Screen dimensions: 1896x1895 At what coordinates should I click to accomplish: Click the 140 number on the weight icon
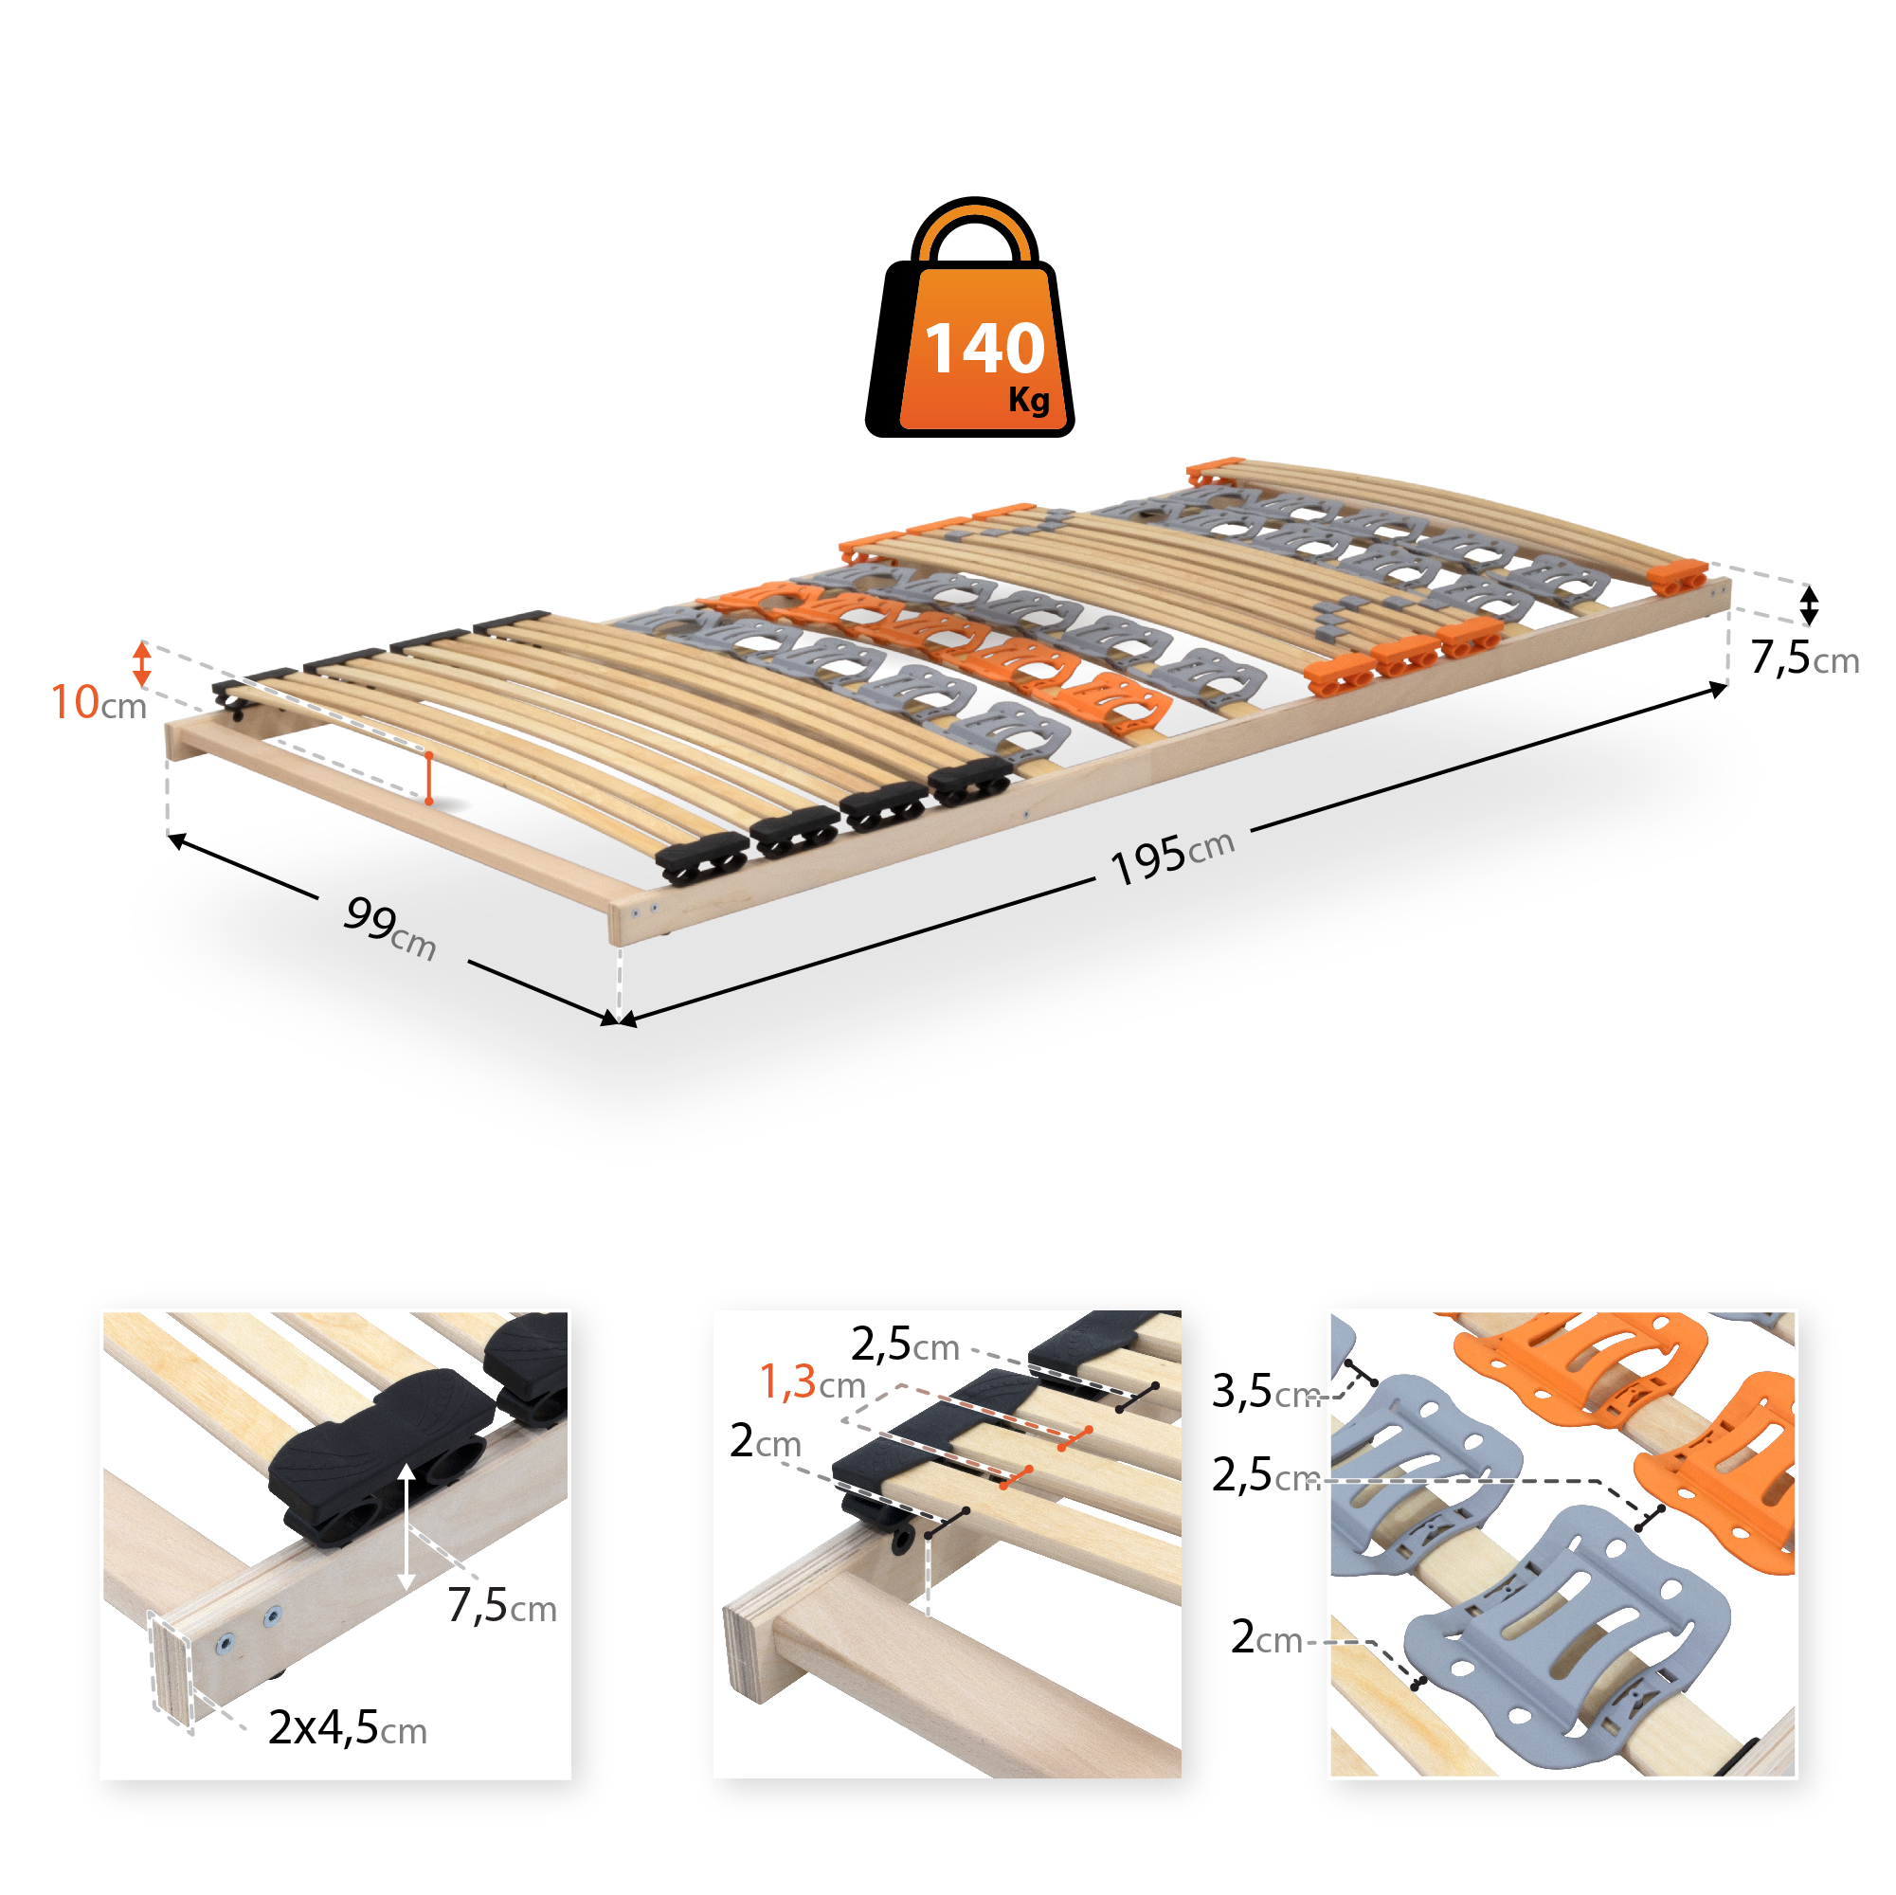(x=984, y=349)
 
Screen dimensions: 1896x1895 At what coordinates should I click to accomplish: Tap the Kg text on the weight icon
(x=1028, y=400)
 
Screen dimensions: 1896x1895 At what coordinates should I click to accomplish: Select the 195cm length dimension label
(x=1172, y=857)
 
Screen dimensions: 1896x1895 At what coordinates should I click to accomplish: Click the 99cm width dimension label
(x=389, y=928)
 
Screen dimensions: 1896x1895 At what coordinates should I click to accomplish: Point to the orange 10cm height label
(x=99, y=703)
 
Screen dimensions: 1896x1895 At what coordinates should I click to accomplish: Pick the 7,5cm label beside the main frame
(x=1804, y=658)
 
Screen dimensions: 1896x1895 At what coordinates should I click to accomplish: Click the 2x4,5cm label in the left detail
(x=348, y=1727)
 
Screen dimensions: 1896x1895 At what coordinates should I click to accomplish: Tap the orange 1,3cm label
(x=813, y=1381)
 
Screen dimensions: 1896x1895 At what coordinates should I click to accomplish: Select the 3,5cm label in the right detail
(x=1266, y=1392)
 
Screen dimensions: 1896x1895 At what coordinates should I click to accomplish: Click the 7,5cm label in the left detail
(x=501, y=1605)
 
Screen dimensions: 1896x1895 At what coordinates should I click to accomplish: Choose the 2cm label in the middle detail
(x=766, y=1440)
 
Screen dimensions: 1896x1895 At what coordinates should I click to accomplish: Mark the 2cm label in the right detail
(x=1266, y=1637)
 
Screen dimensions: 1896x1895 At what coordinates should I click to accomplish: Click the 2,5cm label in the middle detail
(x=905, y=1345)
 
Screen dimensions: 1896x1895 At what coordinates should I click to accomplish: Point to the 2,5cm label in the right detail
(x=1266, y=1475)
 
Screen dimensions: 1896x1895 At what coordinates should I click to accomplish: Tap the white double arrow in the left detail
(x=407, y=1526)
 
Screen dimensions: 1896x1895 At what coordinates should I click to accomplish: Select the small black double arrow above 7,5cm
(x=1810, y=605)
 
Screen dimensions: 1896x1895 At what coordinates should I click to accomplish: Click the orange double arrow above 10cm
(x=142, y=664)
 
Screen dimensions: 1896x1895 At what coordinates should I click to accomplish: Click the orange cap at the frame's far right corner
(x=1679, y=577)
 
